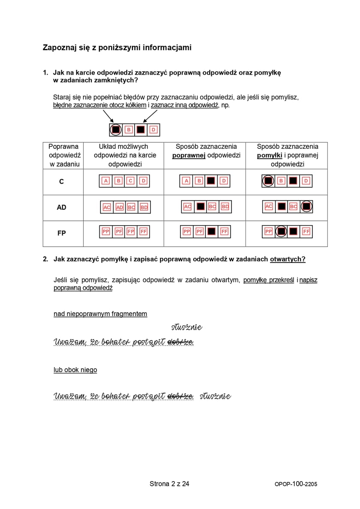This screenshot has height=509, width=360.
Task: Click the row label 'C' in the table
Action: coord(62,182)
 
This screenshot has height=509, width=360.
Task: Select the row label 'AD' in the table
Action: coord(62,207)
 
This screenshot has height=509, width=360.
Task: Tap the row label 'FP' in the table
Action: coord(62,233)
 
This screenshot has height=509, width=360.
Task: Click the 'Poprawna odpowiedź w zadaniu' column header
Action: coord(63,155)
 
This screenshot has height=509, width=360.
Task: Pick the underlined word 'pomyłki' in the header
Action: coord(270,155)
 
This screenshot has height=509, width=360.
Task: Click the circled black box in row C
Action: coord(268,181)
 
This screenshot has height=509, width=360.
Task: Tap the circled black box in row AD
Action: coord(306,207)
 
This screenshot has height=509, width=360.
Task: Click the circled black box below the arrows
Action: coord(115,130)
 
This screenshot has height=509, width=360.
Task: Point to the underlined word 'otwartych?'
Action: coord(288,259)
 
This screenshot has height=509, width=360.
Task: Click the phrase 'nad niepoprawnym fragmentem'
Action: coord(100,314)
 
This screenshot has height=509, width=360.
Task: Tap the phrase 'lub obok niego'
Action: coord(75,370)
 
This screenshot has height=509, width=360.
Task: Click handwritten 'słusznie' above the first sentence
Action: coord(186,328)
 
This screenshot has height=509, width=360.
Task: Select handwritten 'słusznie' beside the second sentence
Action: coord(215,396)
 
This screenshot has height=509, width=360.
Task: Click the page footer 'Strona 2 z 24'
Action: coord(169,484)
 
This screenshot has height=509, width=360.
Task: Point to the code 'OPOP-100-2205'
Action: coord(296,484)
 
